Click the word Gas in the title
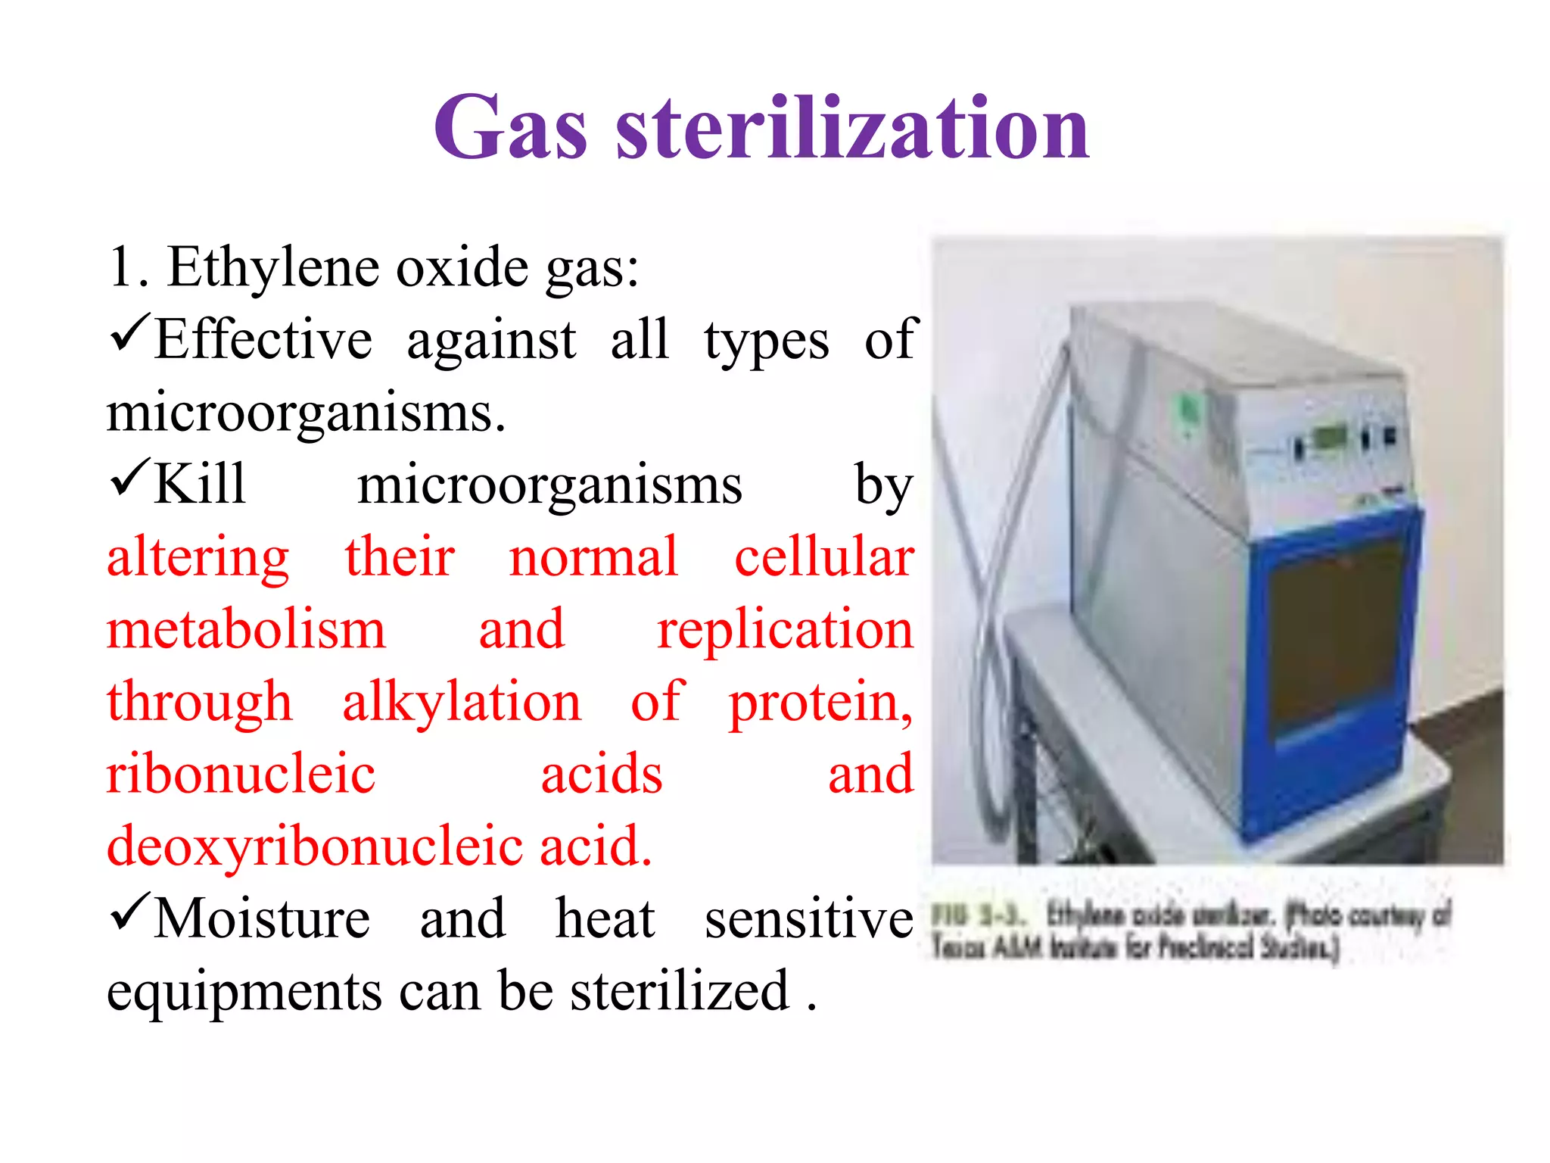click(x=510, y=129)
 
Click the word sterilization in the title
click(x=852, y=129)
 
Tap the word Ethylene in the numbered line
click(x=272, y=268)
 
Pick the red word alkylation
click(x=462, y=702)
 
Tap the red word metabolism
click(x=246, y=630)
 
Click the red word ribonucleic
click(x=241, y=775)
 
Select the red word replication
click(x=785, y=630)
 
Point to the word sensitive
click(x=808, y=919)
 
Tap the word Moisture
click(x=262, y=919)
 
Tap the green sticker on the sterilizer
click(x=1188, y=413)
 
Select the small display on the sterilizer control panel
click(x=1330, y=438)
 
